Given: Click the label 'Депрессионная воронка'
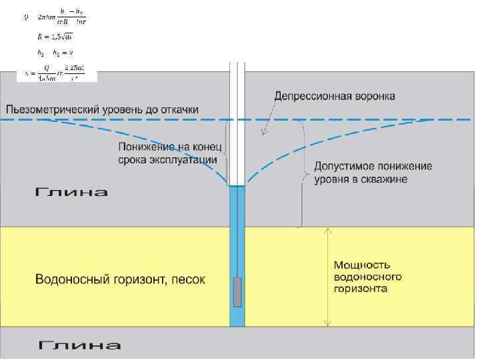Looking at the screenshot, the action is [335, 96].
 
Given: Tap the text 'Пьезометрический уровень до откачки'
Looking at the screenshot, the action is [102, 109].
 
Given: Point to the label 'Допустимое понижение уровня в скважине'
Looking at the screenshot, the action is [373, 173].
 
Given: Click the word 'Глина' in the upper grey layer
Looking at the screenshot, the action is [71, 193].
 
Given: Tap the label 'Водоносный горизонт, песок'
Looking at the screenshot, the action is [120, 279].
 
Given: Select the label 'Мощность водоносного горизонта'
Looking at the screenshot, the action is [367, 277].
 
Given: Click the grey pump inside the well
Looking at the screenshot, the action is [237, 291].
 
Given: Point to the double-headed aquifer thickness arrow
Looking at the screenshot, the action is [327, 277].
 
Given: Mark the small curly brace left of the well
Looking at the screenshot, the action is [225, 153].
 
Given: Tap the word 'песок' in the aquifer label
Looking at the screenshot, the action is [188, 279].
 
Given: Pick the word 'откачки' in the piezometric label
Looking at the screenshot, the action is [176, 109].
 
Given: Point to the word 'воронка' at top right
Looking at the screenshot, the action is [372, 96].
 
